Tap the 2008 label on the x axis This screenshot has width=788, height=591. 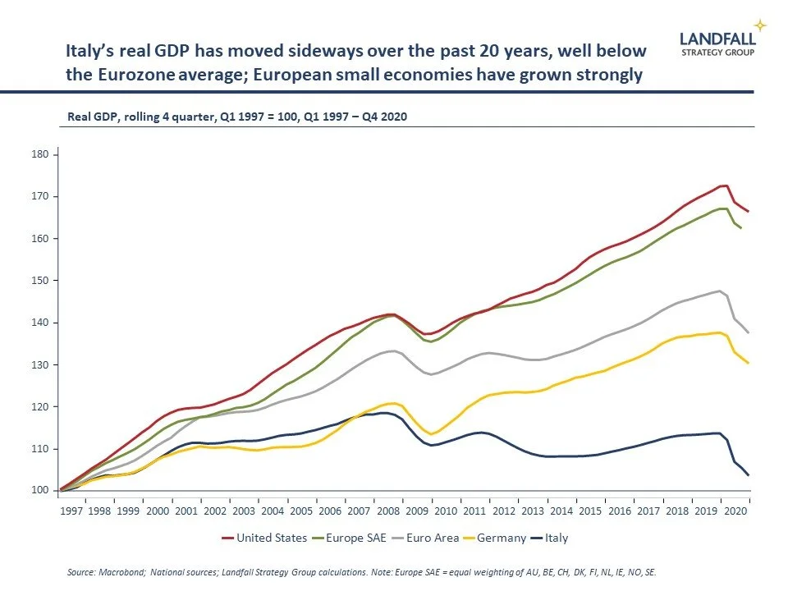(388, 510)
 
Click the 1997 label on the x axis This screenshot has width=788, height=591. (71, 510)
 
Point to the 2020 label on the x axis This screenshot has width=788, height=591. (735, 510)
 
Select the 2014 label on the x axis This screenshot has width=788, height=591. (561, 510)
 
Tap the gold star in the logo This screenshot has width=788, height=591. (760, 25)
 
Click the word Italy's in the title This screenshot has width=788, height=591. (88, 51)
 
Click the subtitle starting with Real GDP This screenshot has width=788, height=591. (237, 117)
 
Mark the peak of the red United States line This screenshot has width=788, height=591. (723, 186)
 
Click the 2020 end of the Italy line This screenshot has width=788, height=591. (749, 475)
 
